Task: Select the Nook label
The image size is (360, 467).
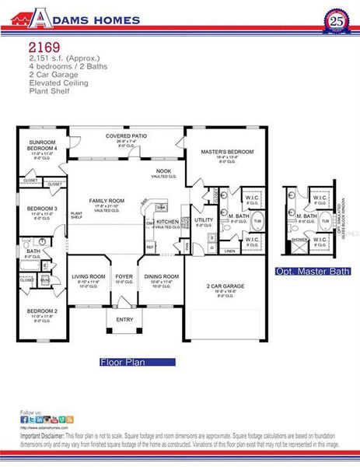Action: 164,170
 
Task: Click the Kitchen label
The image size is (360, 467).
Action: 168,221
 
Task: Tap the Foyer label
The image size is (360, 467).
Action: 124,276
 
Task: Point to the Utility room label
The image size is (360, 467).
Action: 204,219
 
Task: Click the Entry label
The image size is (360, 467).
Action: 125,319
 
